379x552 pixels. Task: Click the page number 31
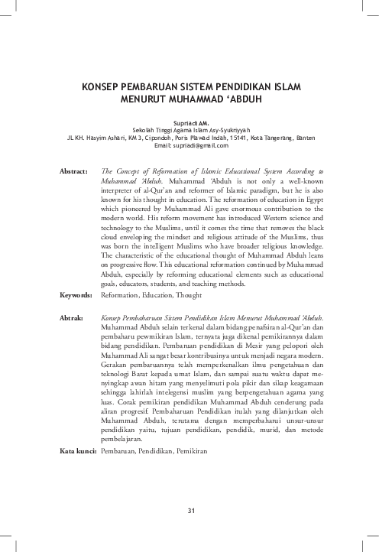point(189,511)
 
